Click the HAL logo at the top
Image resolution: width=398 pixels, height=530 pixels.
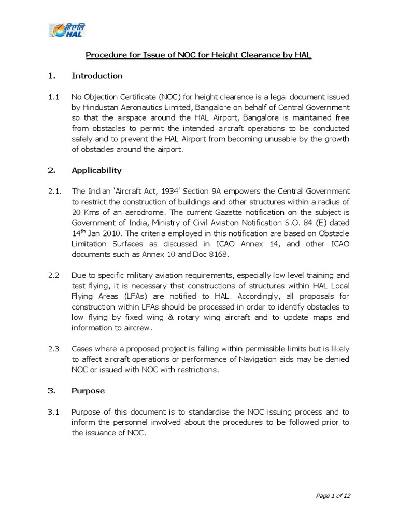tap(67, 31)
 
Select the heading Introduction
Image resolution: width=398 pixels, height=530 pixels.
tap(97, 76)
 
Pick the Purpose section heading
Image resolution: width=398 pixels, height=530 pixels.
tap(88, 391)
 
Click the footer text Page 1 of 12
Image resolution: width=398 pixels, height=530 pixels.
tap(333, 496)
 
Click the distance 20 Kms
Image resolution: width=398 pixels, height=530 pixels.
tap(84, 212)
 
